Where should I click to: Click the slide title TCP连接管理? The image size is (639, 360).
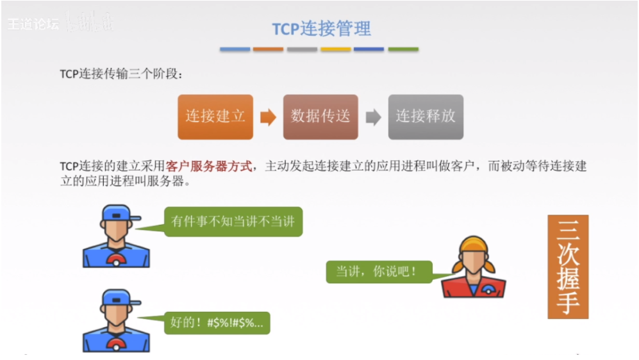pyautogui.click(x=321, y=29)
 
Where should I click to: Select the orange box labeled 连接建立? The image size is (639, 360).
pyautogui.click(x=215, y=117)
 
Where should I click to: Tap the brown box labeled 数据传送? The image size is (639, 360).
pyautogui.click(x=320, y=117)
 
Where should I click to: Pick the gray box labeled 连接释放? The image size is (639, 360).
pyautogui.click(x=426, y=117)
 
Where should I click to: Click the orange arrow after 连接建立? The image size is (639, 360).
pyautogui.click(x=268, y=117)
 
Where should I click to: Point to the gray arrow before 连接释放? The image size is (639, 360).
pyautogui.click(x=373, y=117)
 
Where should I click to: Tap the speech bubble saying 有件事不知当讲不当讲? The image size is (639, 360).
pyautogui.click(x=233, y=222)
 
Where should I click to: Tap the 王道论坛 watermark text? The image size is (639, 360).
pyautogui.click(x=33, y=24)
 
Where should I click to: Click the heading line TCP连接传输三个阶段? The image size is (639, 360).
pyautogui.click(x=121, y=74)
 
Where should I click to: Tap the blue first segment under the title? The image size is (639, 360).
pyautogui.click(x=235, y=49)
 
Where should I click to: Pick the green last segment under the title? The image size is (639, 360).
pyautogui.click(x=403, y=49)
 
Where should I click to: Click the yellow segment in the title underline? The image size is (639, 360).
pyautogui.click(x=336, y=49)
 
